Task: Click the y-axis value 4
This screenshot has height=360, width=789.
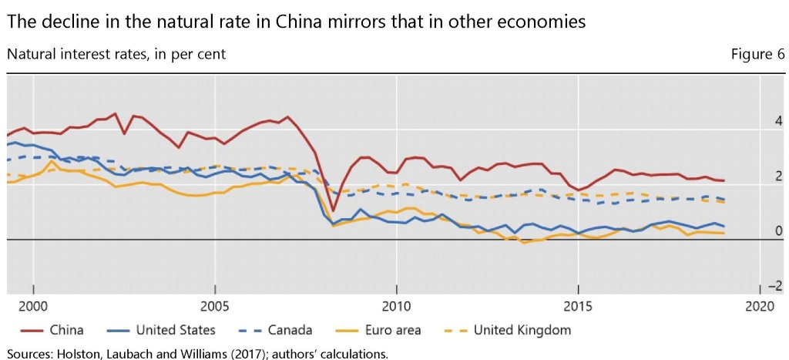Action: pyautogui.click(x=757, y=122)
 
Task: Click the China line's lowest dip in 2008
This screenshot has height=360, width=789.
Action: pyautogui.click(x=333, y=210)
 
